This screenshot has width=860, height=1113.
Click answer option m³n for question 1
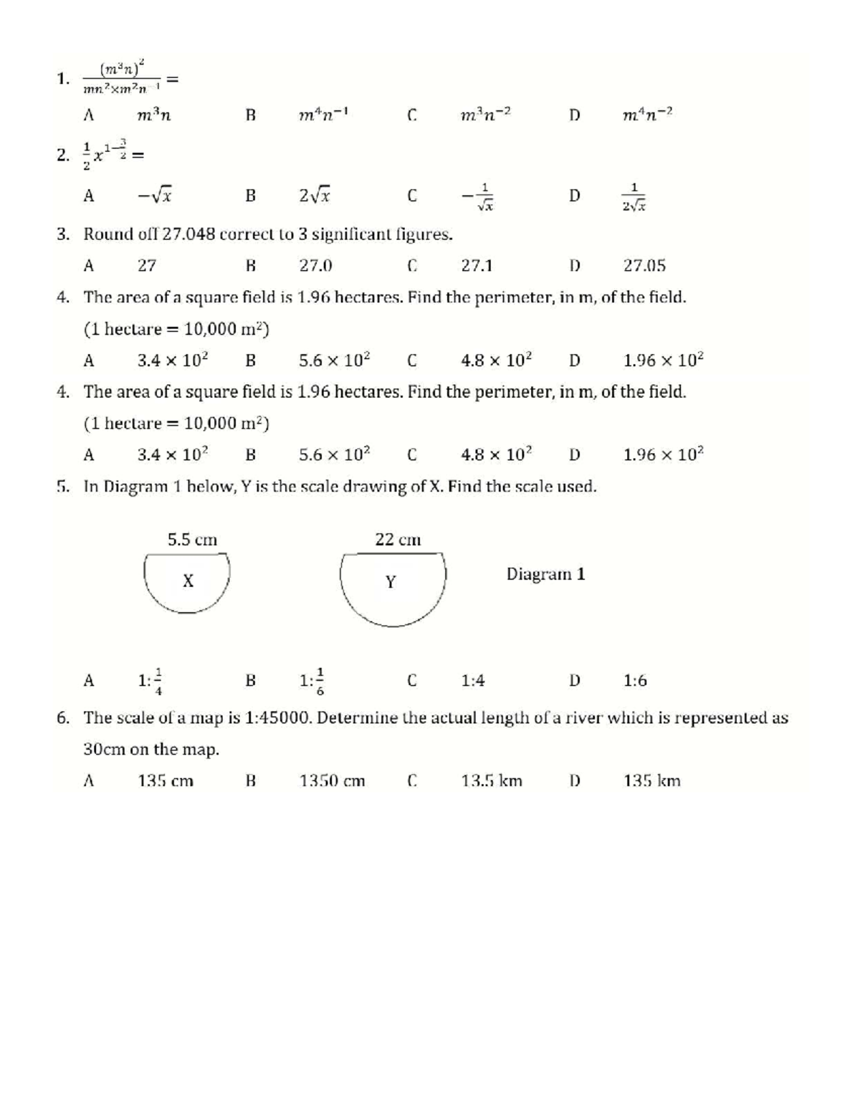[x=154, y=115]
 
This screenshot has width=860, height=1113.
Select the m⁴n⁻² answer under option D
[x=648, y=115]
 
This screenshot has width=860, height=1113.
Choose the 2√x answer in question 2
[x=315, y=195]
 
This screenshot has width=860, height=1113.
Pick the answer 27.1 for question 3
[x=477, y=266]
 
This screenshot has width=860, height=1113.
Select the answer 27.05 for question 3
[x=644, y=266]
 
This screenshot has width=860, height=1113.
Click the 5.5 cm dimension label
[x=192, y=540]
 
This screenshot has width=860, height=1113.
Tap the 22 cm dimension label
[x=398, y=540]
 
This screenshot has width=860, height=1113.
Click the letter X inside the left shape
[x=188, y=581]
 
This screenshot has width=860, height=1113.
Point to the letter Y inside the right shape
[x=391, y=582]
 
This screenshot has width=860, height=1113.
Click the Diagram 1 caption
[x=545, y=574]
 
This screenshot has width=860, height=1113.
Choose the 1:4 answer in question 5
[x=473, y=680]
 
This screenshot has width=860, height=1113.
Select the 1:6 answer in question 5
[x=635, y=680]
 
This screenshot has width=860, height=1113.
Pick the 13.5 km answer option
[x=492, y=780]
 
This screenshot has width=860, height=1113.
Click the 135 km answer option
[x=651, y=780]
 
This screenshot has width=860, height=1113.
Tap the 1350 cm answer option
[x=333, y=780]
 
